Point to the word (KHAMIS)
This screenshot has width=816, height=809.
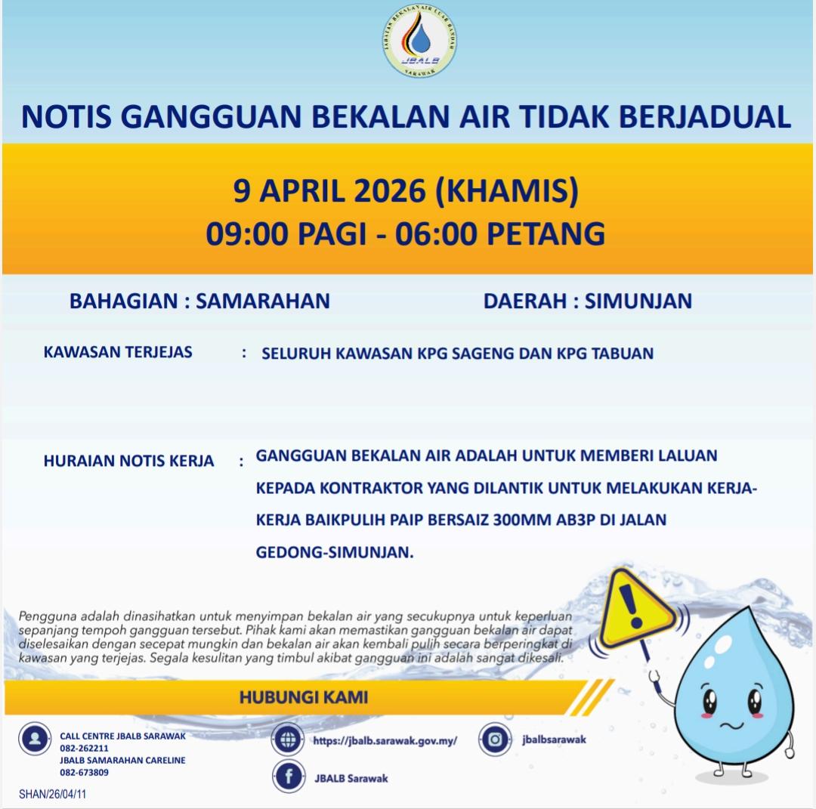click(507, 191)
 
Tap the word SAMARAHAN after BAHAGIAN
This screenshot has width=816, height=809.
click(263, 301)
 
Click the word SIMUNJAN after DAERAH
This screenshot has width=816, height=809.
click(638, 301)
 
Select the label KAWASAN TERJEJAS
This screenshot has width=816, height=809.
click(118, 352)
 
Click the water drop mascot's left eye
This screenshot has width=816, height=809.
click(710, 702)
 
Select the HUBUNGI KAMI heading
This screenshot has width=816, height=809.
click(304, 696)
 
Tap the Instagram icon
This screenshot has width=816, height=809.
click(495, 740)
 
